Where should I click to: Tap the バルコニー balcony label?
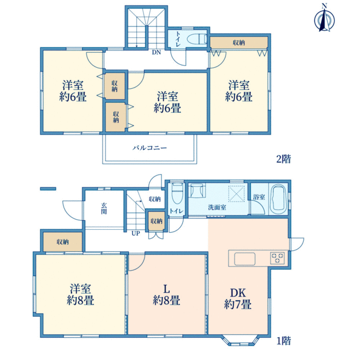149,148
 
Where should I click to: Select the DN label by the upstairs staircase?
157,52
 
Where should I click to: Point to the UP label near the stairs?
136,233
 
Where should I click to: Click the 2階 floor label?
284,159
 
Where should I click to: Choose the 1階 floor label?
284,341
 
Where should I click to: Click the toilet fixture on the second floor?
197,39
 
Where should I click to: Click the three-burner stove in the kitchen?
277,257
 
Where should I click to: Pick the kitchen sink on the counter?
245,259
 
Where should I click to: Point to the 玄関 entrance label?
104,208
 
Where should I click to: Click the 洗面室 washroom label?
217,208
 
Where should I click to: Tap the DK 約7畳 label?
238,299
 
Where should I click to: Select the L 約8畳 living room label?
166,295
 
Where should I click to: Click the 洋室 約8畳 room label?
80,295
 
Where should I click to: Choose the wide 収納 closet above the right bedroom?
239,43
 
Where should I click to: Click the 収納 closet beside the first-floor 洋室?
62,242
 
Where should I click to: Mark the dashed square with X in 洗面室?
236,194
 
